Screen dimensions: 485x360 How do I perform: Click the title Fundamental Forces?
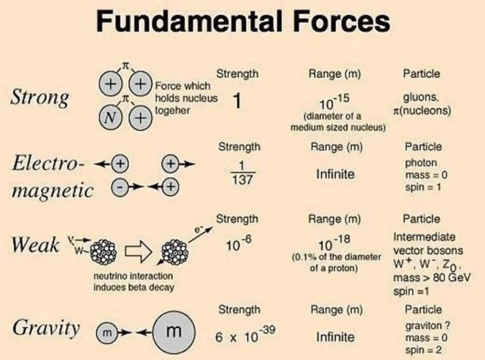point(242,23)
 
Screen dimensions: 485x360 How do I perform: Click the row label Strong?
point(40,99)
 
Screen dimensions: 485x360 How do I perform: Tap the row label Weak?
point(35,245)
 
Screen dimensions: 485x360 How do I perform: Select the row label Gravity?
point(46,328)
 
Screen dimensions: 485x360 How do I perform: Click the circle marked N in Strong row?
point(108,117)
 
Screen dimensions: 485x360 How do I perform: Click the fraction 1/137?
point(238,174)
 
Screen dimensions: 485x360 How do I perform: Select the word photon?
point(421,163)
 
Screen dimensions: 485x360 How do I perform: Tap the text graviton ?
point(427,326)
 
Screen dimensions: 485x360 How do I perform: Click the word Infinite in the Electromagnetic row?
point(335,174)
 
